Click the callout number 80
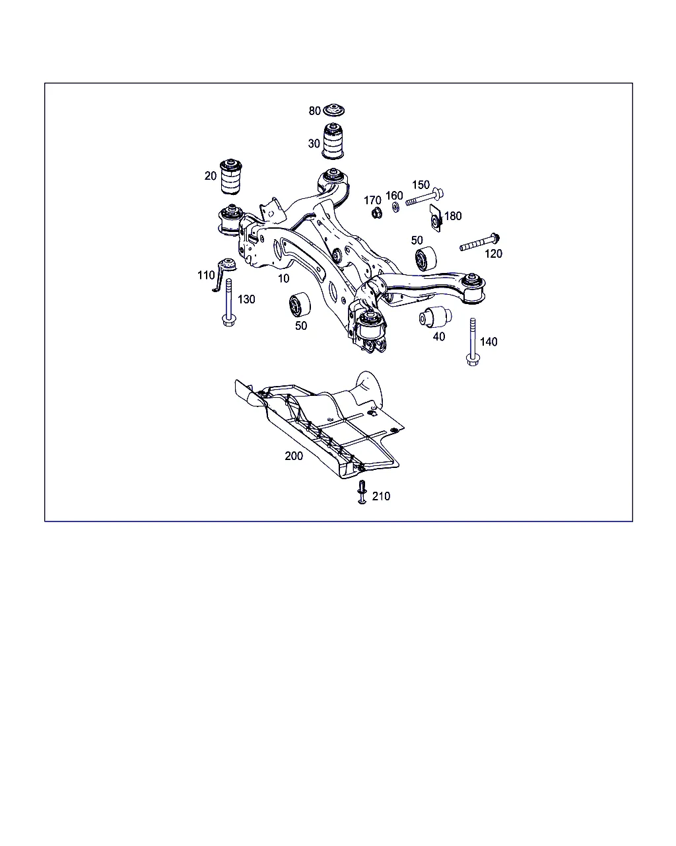click(315, 111)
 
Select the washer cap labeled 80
click(333, 110)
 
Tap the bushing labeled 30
click(333, 141)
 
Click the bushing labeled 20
click(230, 176)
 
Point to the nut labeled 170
click(377, 213)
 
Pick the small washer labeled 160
click(396, 207)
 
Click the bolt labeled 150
click(424, 198)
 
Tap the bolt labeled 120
click(479, 242)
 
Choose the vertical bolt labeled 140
click(473, 342)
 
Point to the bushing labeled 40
click(436, 317)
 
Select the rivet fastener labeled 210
click(362, 492)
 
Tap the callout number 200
click(294, 456)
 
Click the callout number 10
click(284, 278)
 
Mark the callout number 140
click(489, 342)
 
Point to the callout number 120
click(493, 254)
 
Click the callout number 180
click(454, 216)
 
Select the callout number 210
click(381, 496)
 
